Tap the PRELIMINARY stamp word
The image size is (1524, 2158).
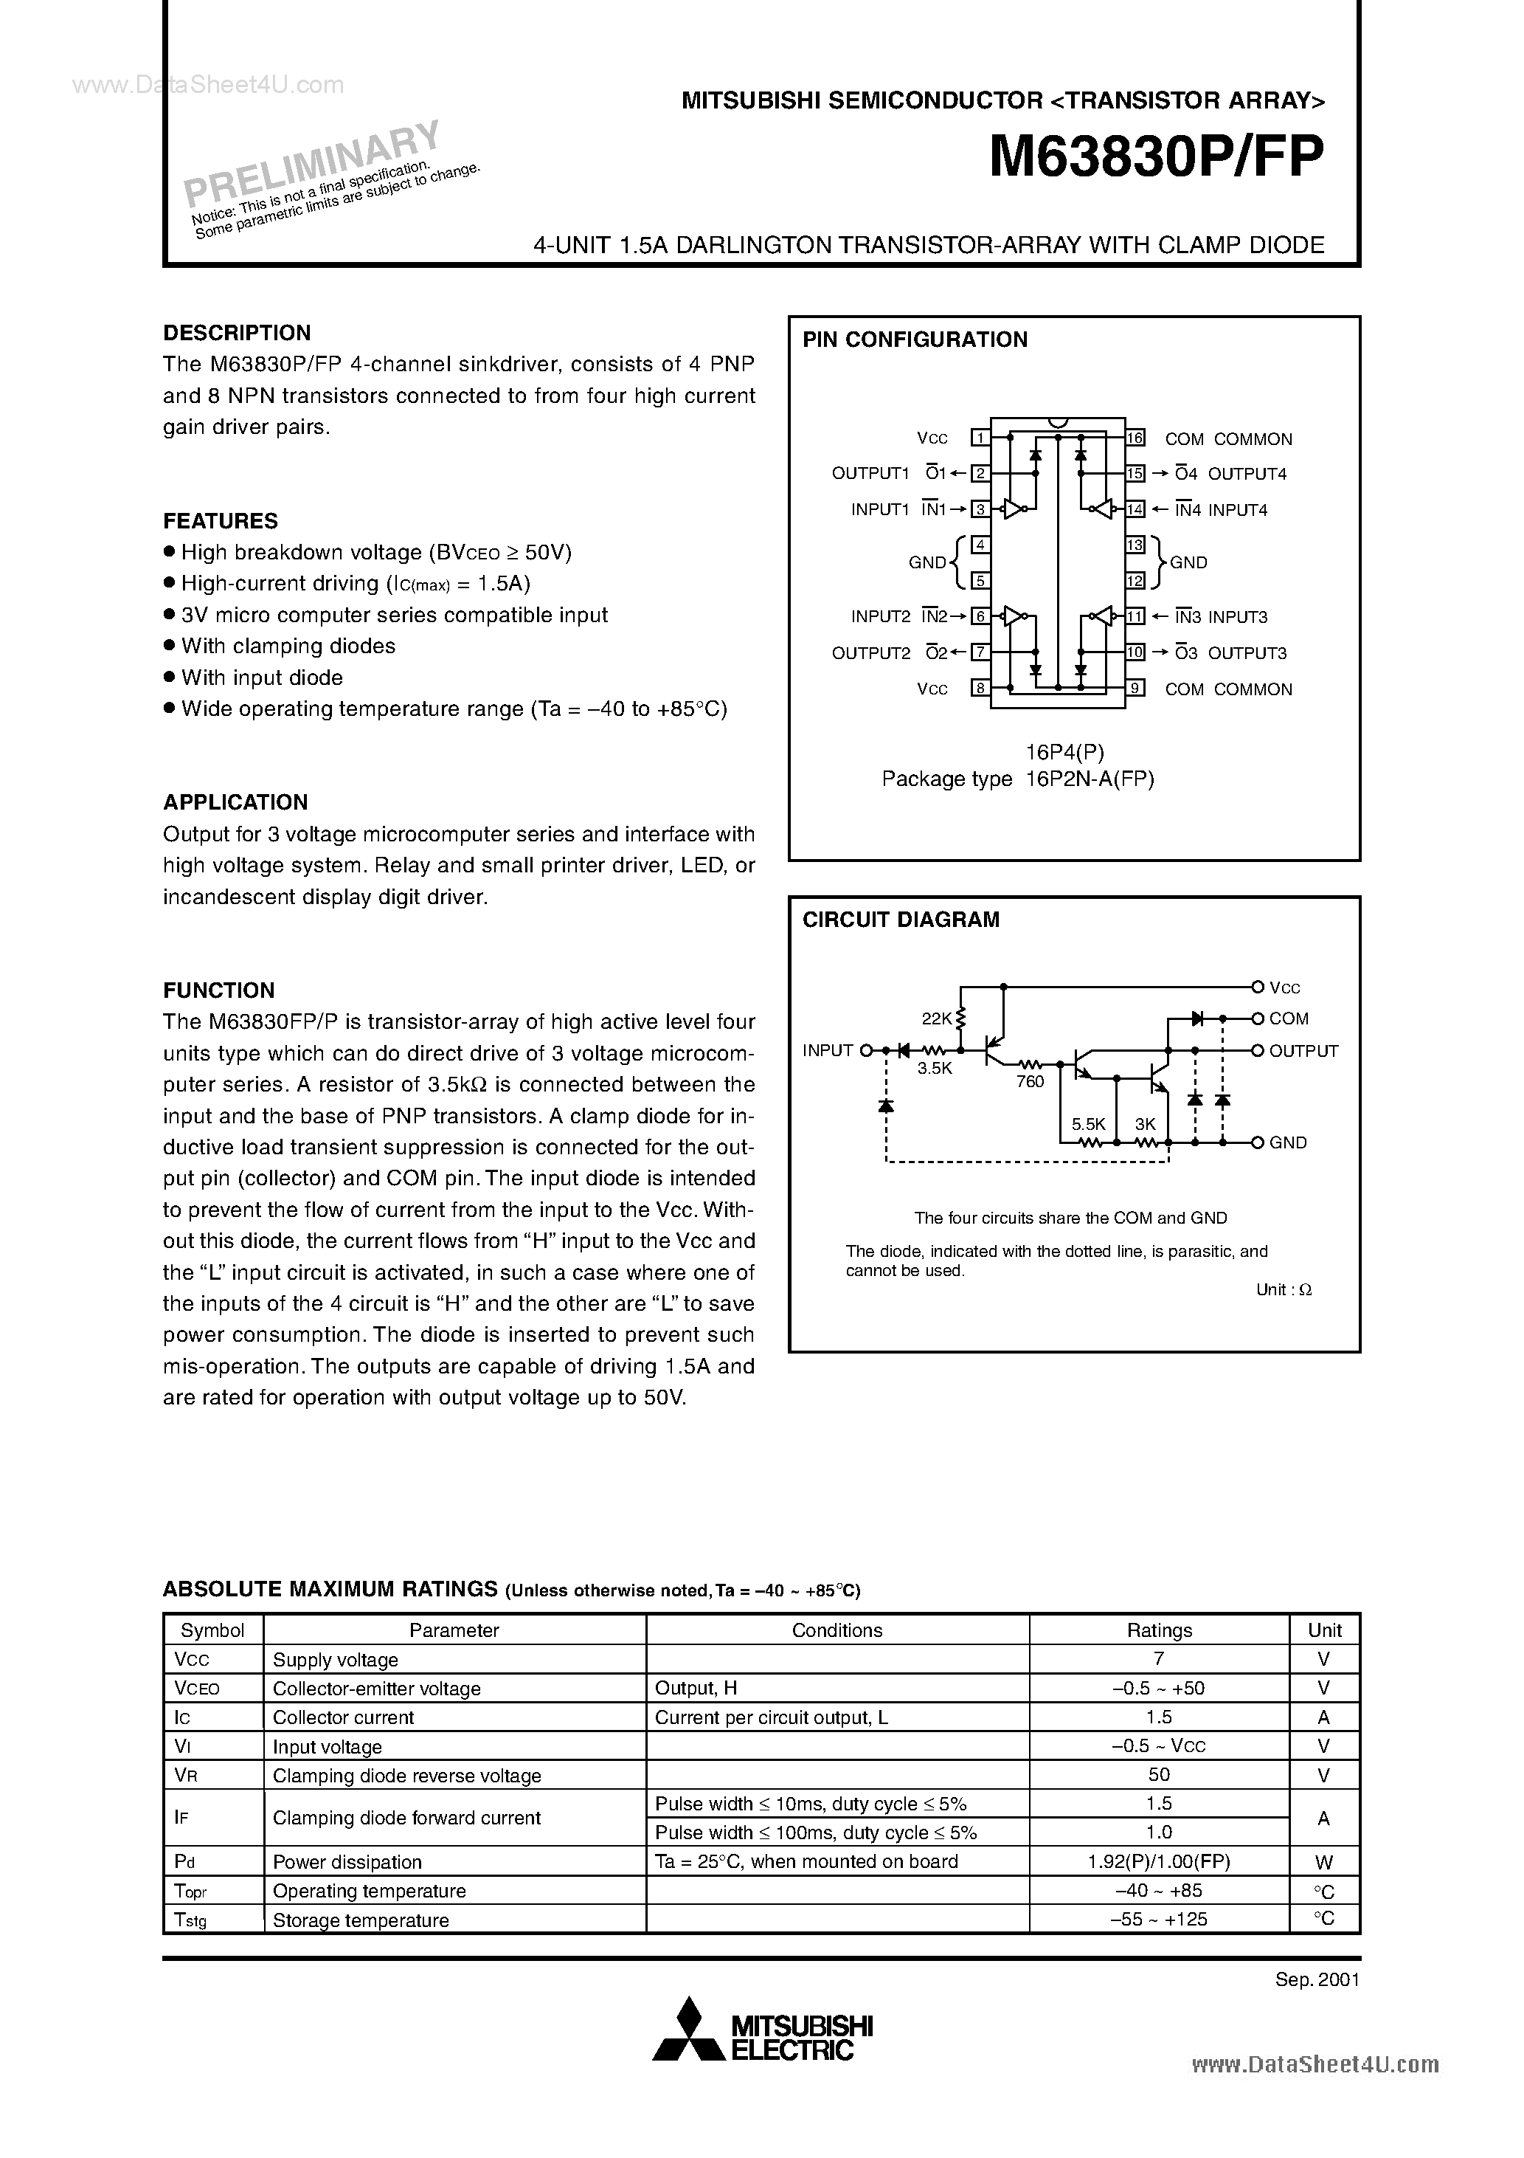coord(311,162)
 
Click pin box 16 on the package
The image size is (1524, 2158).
coord(1135,438)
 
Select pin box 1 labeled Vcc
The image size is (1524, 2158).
coord(980,438)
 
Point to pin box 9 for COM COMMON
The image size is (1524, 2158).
coord(1135,688)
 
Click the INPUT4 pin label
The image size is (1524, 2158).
coord(1238,509)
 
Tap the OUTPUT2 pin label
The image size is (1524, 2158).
coord(871,652)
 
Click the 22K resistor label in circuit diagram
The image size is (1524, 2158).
coord(937,1018)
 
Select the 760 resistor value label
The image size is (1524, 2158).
coord(1030,1082)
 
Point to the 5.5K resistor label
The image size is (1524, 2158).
coord(1088,1124)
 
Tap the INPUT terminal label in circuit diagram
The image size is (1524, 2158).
coord(827,1051)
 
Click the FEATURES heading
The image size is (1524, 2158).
coord(220,521)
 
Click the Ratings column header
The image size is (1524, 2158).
coord(1159,1630)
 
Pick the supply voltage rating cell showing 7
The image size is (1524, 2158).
coord(1159,1659)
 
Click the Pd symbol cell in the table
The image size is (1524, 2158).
coord(184,1862)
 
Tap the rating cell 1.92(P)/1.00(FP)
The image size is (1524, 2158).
coord(1159,1862)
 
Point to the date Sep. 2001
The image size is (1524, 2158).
coord(1317,1979)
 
